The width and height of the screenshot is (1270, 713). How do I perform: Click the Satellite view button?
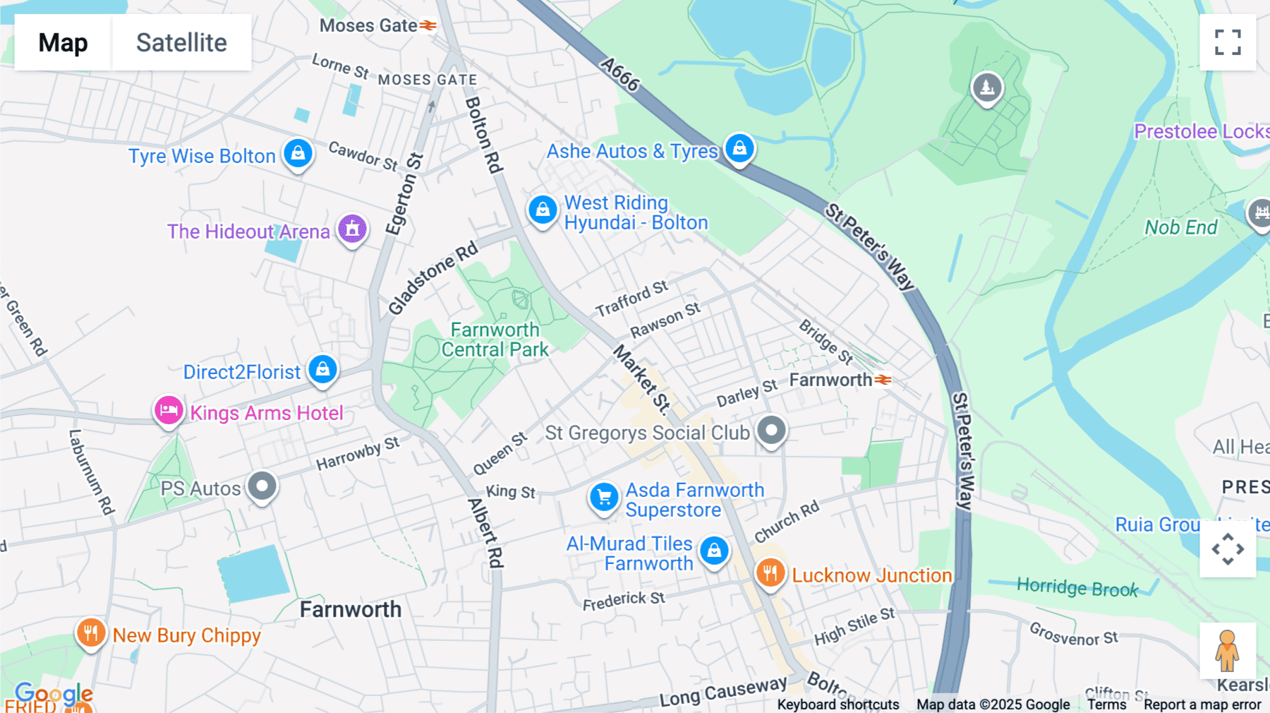(181, 42)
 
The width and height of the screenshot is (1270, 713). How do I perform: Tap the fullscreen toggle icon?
(1228, 42)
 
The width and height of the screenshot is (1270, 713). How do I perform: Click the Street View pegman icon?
(1227, 650)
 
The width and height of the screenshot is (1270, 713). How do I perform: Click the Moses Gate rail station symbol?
(428, 25)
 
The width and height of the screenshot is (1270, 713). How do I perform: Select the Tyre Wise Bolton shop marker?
(298, 153)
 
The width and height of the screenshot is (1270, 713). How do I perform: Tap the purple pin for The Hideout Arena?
(352, 229)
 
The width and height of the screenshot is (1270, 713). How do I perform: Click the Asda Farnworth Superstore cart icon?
(604, 498)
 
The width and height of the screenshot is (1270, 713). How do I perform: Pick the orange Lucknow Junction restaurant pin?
(770, 573)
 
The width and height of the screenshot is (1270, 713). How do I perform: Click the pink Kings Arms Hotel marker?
(169, 410)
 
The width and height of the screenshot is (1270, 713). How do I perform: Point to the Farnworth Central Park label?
(495, 340)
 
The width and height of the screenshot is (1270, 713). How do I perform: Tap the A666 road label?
(619, 74)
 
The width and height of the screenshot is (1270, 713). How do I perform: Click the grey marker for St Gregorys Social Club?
(771, 430)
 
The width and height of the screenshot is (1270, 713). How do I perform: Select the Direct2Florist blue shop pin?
(322, 369)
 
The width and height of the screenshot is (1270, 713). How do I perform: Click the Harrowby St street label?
(357, 453)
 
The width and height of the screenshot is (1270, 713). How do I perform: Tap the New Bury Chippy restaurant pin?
(91, 633)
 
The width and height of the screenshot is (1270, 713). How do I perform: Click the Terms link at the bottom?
(1106, 705)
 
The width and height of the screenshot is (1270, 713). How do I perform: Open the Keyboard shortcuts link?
(837, 705)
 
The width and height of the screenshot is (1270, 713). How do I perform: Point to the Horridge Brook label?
(1077, 587)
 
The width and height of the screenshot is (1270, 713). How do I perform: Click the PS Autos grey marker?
(262, 486)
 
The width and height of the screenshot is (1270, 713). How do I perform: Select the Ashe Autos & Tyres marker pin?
(739, 148)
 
